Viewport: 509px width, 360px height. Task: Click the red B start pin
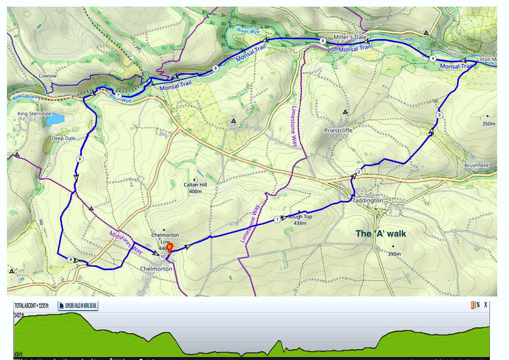pos(170,247)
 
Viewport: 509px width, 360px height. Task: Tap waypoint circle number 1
pos(277,219)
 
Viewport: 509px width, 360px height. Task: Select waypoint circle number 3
pos(439,115)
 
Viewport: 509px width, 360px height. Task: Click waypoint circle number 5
pos(323,41)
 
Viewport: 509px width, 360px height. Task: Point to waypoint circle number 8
pos(80,159)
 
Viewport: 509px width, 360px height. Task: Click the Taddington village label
pos(368,201)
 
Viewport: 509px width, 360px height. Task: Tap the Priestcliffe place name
pos(338,130)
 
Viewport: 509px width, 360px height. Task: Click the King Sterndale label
pos(34,114)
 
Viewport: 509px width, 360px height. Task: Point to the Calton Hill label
pos(195,185)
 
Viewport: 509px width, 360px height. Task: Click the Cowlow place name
pos(48,76)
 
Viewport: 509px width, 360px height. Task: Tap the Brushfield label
pos(476,165)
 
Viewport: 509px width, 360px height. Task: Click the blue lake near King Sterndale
pos(55,119)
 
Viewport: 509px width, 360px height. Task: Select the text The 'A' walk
pos(381,233)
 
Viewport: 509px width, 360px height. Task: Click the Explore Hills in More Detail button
pos(78,306)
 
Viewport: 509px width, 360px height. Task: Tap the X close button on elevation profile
pos(485,305)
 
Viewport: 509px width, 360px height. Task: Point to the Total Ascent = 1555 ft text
pos(31,306)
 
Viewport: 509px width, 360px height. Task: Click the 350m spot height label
pos(489,124)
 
